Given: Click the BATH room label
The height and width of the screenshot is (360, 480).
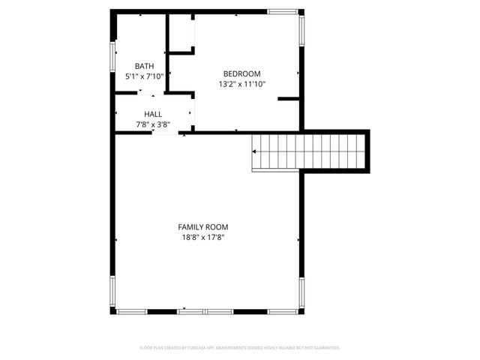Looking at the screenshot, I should [145, 66].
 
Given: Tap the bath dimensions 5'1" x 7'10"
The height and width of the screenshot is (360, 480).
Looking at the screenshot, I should [145, 76].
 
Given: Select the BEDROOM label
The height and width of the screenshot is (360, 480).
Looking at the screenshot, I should [242, 73].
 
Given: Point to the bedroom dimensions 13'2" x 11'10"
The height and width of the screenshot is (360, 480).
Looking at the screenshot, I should [242, 85].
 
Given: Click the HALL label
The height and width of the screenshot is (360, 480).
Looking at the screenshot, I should [153, 114].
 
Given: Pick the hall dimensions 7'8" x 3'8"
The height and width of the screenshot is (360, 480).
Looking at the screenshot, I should [153, 124].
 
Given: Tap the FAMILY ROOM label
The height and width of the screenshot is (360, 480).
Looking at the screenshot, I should [203, 226].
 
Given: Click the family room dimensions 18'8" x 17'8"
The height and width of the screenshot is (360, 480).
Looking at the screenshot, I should [203, 237].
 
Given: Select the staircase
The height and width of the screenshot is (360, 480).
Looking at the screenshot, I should [311, 150].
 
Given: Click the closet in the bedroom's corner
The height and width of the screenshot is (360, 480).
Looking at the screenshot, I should [181, 33].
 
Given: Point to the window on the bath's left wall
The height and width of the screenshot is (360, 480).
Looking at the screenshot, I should [113, 57].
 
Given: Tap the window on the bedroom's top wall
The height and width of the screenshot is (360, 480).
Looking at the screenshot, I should [283, 11].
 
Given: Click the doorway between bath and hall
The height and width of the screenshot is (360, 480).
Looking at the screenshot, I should [148, 93].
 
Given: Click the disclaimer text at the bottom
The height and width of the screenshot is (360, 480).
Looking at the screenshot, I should [240, 348].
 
